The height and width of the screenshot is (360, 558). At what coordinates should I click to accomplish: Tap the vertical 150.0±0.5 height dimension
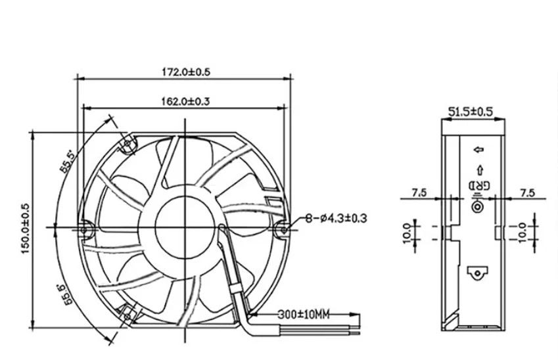[x=26, y=227]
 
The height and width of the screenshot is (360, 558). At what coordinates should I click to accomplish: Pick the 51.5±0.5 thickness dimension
[x=471, y=112]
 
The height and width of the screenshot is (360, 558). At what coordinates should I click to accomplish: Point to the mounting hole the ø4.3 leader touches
[x=283, y=229]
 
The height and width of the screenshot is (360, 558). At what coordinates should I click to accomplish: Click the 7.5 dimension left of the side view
[x=419, y=192]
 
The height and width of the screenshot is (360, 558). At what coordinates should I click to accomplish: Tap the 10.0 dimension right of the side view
[x=523, y=232]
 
